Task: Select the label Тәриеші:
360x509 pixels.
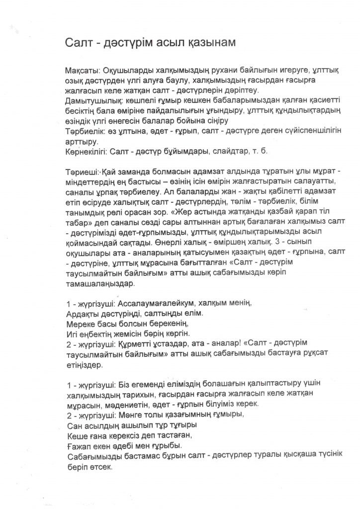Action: pos(80,172)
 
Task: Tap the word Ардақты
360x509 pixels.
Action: pos(82,315)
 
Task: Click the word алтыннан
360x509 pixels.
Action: pos(195,229)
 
